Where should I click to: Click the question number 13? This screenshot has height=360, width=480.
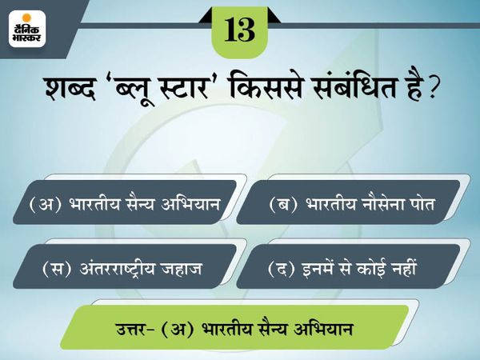[240, 30]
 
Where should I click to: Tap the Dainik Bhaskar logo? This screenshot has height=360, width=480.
[27, 29]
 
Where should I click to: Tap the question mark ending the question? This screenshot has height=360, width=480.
[431, 88]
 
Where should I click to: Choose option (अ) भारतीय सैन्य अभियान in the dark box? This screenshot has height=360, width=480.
[125, 203]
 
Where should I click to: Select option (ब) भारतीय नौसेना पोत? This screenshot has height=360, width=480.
[352, 203]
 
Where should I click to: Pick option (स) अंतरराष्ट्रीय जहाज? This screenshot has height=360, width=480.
[122, 268]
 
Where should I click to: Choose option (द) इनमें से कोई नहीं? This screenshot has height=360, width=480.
[342, 268]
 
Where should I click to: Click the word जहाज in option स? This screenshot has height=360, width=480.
[184, 269]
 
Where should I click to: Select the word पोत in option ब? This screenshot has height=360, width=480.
[422, 203]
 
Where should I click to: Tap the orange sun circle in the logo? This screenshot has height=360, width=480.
[27, 18]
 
